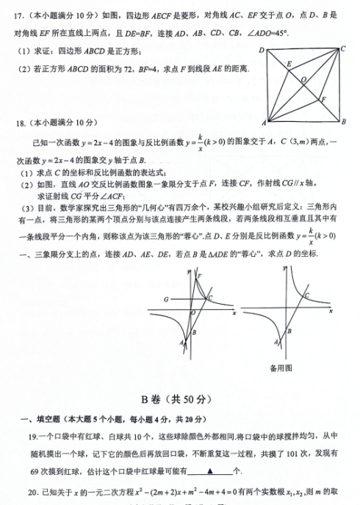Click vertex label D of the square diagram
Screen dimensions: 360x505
click(261, 50)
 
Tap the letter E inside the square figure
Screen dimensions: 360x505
click(289, 64)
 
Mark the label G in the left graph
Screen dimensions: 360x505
click(167, 299)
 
